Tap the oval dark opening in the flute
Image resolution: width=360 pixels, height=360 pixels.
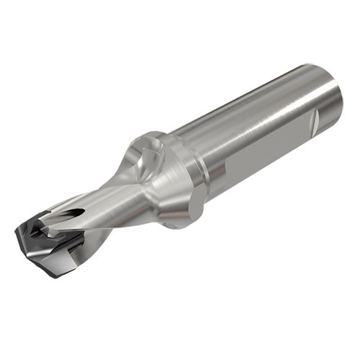(75, 213)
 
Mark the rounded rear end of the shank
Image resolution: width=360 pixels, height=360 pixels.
(333, 101)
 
